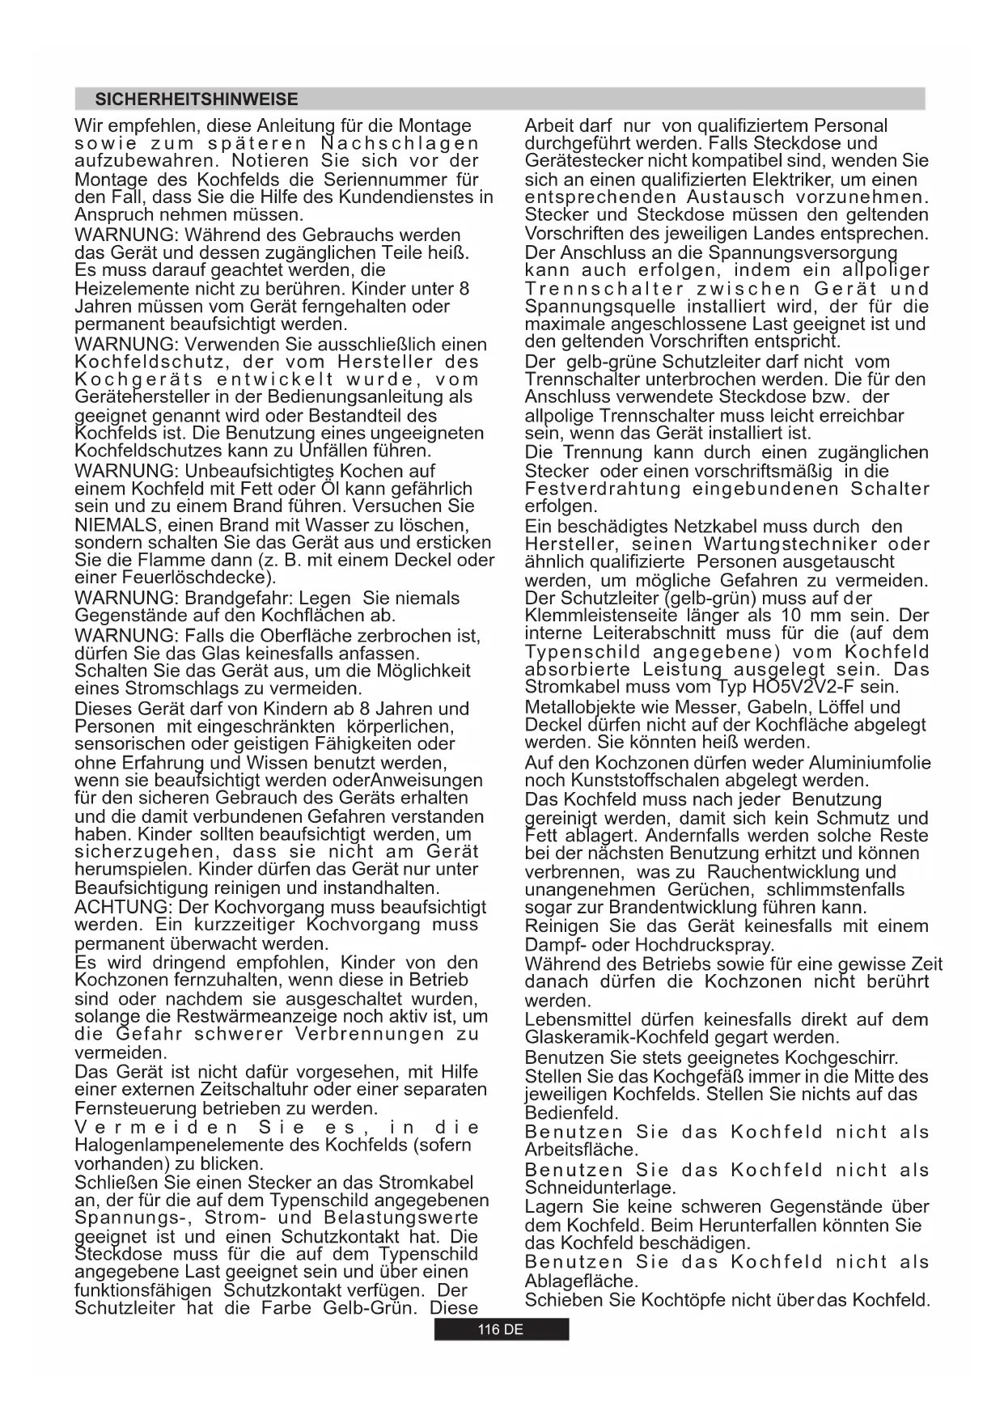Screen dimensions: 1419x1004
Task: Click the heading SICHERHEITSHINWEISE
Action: click(x=197, y=100)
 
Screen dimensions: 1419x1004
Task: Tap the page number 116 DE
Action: click(x=501, y=1330)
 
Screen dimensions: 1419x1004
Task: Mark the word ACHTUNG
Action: click(x=121, y=907)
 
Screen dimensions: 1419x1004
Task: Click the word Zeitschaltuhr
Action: click(x=245, y=1090)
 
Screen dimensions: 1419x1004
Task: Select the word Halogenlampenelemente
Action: click(x=197, y=1145)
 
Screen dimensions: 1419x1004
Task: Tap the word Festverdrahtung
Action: click(x=603, y=489)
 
